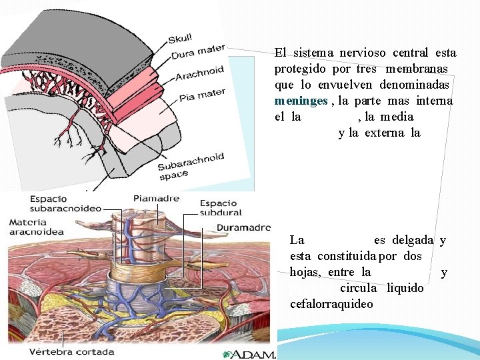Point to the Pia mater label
tap(202, 95)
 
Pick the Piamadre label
tap(156, 198)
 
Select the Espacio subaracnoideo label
tap(65, 203)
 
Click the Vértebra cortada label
tap(71, 351)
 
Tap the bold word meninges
tap(301, 101)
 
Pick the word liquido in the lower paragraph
tap(405, 288)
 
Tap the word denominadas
tap(416, 85)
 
